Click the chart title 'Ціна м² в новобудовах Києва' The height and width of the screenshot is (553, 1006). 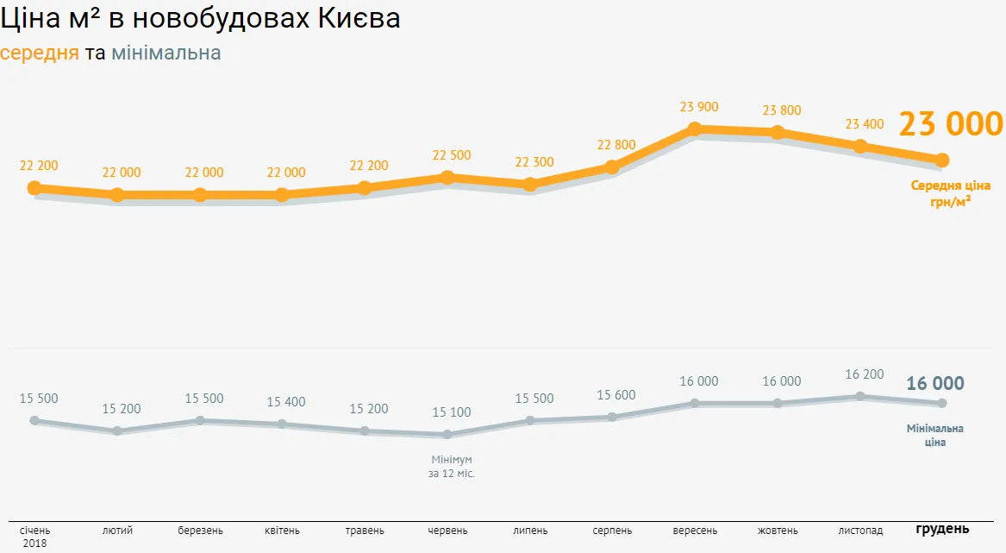pyautogui.click(x=201, y=18)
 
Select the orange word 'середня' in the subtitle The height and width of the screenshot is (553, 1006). pyautogui.click(x=40, y=53)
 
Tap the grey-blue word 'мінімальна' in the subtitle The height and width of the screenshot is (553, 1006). pyautogui.click(x=166, y=53)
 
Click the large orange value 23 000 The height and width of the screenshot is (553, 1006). pyautogui.click(x=951, y=124)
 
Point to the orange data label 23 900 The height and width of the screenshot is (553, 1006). pyautogui.click(x=698, y=107)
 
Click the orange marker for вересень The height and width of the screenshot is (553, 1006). pyautogui.click(x=695, y=129)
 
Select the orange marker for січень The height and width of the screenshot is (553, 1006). pyautogui.click(x=34, y=188)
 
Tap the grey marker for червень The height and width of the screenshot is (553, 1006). pyautogui.click(x=447, y=435)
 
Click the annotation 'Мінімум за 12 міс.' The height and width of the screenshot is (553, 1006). pyautogui.click(x=451, y=467)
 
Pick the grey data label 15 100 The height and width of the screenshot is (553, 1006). pyautogui.click(x=451, y=412)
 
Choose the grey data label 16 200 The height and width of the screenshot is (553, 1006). pyautogui.click(x=864, y=374)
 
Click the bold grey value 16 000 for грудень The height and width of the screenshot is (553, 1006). pyautogui.click(x=935, y=384)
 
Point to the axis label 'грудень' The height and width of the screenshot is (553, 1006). pyautogui.click(x=942, y=529)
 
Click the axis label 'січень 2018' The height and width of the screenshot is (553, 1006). pyautogui.click(x=35, y=537)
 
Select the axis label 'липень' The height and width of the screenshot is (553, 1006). pyautogui.click(x=529, y=531)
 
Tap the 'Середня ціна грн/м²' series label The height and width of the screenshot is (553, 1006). pyautogui.click(x=950, y=193)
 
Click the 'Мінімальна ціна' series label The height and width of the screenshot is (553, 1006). pyautogui.click(x=935, y=436)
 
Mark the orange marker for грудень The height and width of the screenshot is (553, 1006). pyautogui.click(x=942, y=160)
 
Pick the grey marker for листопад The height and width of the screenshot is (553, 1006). pyautogui.click(x=859, y=397)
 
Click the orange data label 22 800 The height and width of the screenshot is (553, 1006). pyautogui.click(x=615, y=145)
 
